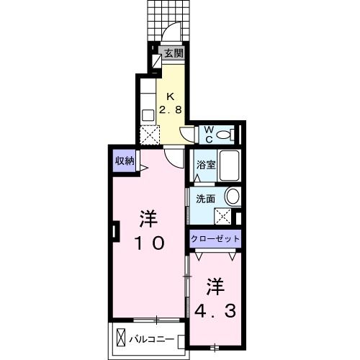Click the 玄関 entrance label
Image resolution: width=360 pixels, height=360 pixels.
tap(173, 53)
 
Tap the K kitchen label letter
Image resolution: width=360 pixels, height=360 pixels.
tap(171, 97)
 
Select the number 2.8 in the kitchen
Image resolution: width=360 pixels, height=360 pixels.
tap(171, 110)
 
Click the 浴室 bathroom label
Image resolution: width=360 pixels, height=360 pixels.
tap(206, 164)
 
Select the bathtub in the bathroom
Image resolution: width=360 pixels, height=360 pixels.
tap(229, 168)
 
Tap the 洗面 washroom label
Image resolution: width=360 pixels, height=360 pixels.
tap(205, 199)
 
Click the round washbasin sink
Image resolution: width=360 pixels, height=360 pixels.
tap(232, 196)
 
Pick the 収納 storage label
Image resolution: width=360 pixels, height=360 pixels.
tap(124, 161)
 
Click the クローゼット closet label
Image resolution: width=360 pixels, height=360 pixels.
tap(215, 238)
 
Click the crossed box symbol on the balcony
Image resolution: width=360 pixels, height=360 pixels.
tap(121, 337)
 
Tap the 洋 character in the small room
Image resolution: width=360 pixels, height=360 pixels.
tap(214, 286)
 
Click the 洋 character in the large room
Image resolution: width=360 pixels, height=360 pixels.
tap(148, 217)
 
